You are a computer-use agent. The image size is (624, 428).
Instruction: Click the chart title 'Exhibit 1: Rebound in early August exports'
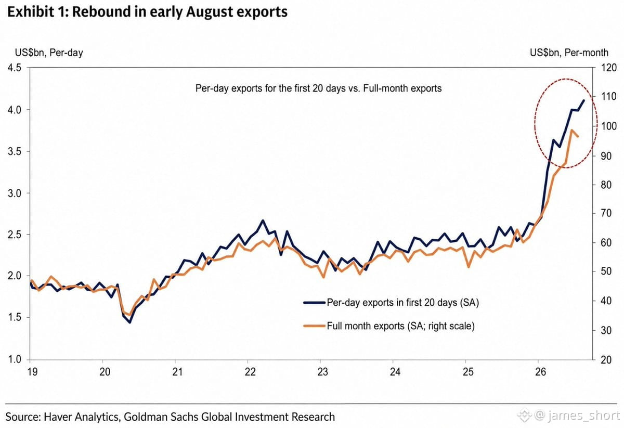click(x=147, y=12)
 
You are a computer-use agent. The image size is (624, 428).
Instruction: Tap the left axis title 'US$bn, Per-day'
click(x=49, y=53)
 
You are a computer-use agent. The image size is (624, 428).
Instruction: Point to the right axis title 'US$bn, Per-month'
click(x=569, y=53)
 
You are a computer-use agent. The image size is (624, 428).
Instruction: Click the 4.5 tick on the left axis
click(x=15, y=68)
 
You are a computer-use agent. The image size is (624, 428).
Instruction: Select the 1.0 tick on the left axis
click(x=15, y=359)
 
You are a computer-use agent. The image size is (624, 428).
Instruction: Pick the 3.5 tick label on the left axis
click(x=15, y=151)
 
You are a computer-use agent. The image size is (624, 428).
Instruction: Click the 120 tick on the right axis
click(x=608, y=68)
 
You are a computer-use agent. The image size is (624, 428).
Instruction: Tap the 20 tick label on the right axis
click(x=606, y=360)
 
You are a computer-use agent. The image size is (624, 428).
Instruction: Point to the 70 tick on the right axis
click(x=606, y=213)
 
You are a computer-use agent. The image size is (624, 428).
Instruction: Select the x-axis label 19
click(x=33, y=372)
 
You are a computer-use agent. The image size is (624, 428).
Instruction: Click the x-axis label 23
click(x=322, y=372)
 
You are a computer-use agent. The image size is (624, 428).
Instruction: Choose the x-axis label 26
click(x=540, y=372)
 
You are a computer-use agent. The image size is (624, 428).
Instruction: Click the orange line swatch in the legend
click(x=314, y=326)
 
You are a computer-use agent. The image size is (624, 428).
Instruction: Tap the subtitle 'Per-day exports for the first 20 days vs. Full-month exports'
click(x=318, y=88)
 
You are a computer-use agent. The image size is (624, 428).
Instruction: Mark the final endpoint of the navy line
click(x=584, y=100)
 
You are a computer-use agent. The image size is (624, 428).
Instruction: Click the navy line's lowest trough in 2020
click(x=130, y=322)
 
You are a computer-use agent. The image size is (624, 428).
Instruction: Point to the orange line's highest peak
click(x=571, y=130)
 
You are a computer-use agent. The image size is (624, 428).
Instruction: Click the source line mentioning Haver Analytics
click(x=170, y=417)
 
